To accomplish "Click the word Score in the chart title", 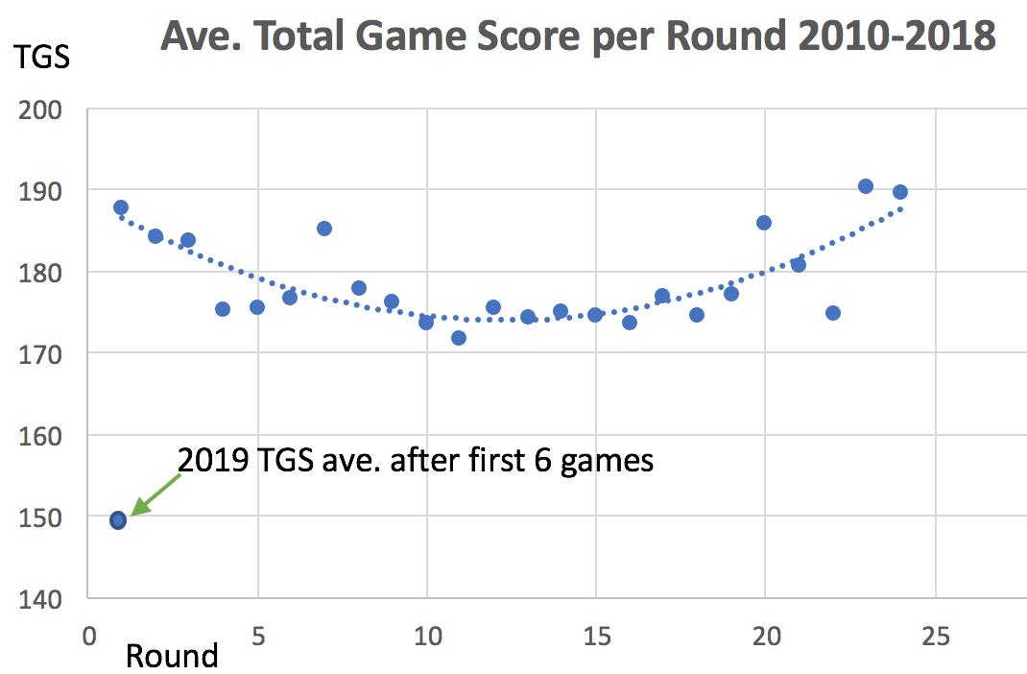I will (512, 36).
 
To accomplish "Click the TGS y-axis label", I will (41, 58).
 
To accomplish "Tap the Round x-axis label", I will (172, 656).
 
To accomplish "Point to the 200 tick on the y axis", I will (44, 109).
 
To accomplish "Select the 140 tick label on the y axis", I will (44, 598).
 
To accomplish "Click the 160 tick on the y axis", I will (44, 435).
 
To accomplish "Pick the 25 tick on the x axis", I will (935, 635).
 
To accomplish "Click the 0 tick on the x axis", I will (87, 635).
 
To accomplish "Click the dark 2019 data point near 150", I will (118, 520).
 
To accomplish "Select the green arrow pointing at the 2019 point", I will (154, 493).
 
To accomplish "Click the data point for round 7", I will (324, 229).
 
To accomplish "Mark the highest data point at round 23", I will (866, 186).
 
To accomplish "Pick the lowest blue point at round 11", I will (459, 338).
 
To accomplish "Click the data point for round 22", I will (833, 313).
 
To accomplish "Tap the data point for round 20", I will (764, 223).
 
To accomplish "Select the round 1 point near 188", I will (121, 207).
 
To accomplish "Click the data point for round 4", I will (223, 309).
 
